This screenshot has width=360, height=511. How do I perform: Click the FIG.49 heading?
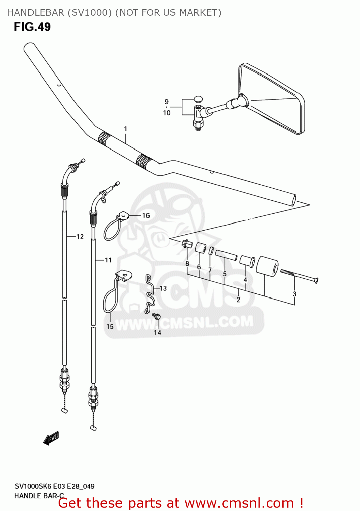click(x=32, y=27)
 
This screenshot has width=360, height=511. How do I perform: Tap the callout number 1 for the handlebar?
click(x=125, y=129)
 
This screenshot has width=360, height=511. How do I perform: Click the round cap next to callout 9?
click(x=198, y=99)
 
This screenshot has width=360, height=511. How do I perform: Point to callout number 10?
click(x=167, y=113)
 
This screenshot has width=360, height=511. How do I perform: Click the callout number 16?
click(x=146, y=215)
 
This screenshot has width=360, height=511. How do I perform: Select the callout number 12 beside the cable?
click(x=80, y=236)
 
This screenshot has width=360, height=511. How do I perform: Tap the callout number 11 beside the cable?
click(x=108, y=260)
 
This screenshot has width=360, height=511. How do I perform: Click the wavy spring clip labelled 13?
click(x=150, y=294)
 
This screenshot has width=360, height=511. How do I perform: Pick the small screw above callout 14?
click(x=156, y=316)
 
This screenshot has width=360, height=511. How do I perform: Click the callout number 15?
click(x=110, y=326)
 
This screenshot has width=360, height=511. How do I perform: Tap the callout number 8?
click(x=187, y=263)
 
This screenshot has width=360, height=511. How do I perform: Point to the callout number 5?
click(x=224, y=274)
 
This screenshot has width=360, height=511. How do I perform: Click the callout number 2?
click(x=238, y=299)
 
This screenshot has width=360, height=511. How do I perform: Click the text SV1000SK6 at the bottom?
click(x=33, y=486)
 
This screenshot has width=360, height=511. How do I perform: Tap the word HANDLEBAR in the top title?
click(x=35, y=13)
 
